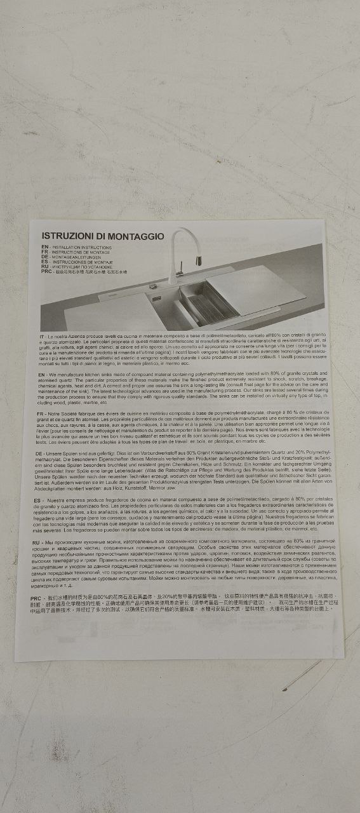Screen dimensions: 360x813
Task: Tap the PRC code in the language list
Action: coord(46,271)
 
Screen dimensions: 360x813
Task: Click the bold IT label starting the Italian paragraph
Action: coord(42,335)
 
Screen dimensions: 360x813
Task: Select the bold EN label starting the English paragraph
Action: coord(41,375)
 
